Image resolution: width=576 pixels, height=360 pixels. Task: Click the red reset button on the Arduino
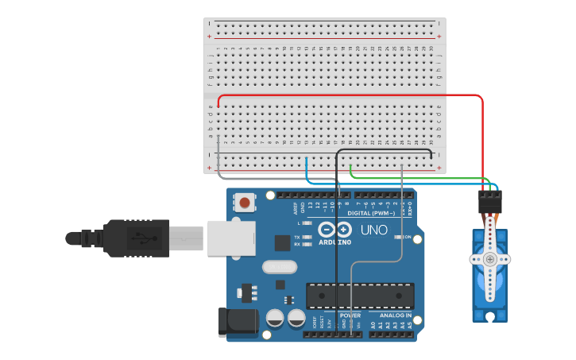click(x=245, y=203)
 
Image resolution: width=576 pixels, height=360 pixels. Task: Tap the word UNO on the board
click(x=373, y=230)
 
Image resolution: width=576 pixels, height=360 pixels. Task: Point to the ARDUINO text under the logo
click(x=335, y=242)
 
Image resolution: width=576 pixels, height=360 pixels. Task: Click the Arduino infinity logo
click(x=334, y=230)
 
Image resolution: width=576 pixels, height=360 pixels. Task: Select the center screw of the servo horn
click(x=490, y=259)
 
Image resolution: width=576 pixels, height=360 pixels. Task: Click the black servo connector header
click(x=489, y=199)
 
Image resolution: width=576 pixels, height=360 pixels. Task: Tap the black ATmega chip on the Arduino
click(x=360, y=295)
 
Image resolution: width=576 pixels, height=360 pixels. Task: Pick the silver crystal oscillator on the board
click(x=277, y=267)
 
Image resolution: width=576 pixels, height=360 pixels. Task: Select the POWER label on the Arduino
click(x=350, y=315)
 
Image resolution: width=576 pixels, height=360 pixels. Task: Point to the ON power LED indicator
click(x=407, y=237)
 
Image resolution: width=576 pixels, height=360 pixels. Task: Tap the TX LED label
click(x=297, y=237)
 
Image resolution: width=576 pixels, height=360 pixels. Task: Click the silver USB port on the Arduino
click(x=231, y=238)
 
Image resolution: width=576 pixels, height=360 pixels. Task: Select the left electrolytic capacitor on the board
click(x=275, y=319)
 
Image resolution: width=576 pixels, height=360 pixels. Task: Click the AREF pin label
click(x=295, y=209)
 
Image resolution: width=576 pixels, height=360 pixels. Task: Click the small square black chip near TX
click(x=283, y=243)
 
